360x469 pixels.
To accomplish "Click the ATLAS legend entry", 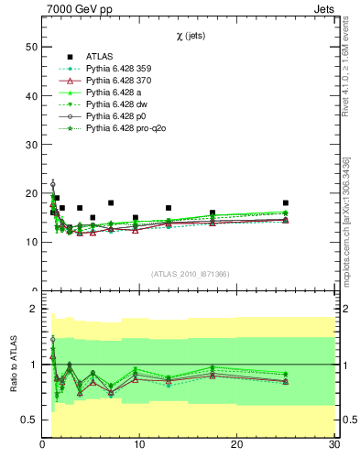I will [101, 55].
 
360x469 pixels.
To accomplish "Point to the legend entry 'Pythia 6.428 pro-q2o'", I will [129, 129].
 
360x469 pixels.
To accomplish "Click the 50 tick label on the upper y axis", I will [30, 47].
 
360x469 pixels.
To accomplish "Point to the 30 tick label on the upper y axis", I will [30, 145].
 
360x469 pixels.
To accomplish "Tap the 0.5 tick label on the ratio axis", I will [28, 420].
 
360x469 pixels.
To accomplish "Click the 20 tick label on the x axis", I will [237, 445].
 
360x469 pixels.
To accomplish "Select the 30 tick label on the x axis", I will [333, 445].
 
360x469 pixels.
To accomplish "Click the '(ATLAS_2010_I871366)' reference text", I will [190, 274].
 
